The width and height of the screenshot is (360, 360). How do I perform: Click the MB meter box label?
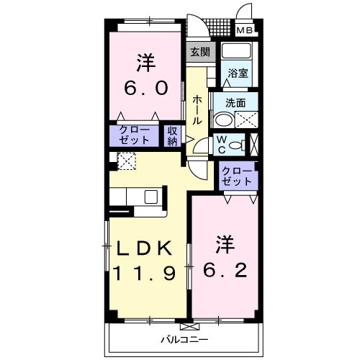click(x=245, y=30)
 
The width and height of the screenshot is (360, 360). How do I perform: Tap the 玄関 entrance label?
click(x=199, y=52)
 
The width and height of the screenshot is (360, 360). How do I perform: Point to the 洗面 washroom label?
click(x=235, y=104)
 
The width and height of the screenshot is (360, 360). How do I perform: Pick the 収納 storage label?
click(x=173, y=136)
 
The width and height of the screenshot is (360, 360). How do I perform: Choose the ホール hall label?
click(x=197, y=111)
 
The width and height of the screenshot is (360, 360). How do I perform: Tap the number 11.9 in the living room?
click(x=145, y=273)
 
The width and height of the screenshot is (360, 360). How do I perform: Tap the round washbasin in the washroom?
click(x=224, y=121)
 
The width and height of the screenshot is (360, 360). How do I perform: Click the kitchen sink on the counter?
click(x=153, y=197)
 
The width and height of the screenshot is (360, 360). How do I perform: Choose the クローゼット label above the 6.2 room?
click(x=237, y=176)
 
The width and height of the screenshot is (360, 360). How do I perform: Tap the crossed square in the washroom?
click(x=246, y=120)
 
